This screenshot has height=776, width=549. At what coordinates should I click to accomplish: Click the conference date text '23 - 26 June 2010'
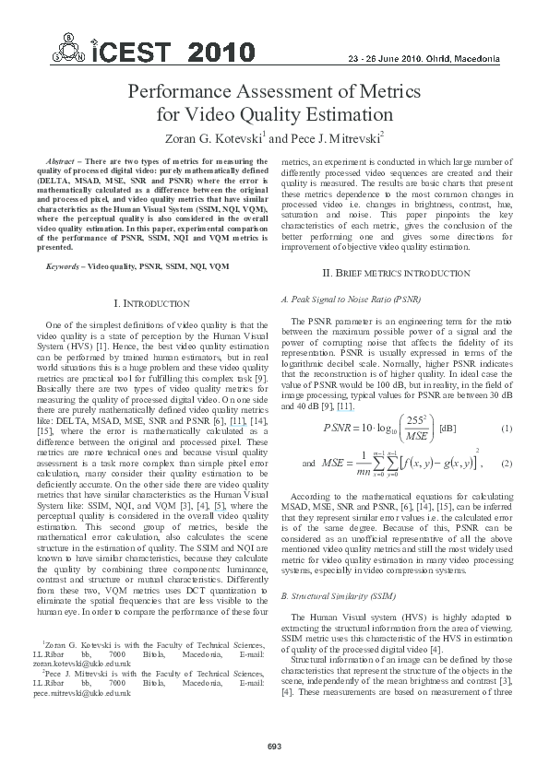coord(394,57)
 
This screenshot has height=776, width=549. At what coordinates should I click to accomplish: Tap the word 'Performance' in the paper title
coord(185,93)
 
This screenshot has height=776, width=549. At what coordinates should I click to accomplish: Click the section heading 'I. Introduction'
coord(150,303)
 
